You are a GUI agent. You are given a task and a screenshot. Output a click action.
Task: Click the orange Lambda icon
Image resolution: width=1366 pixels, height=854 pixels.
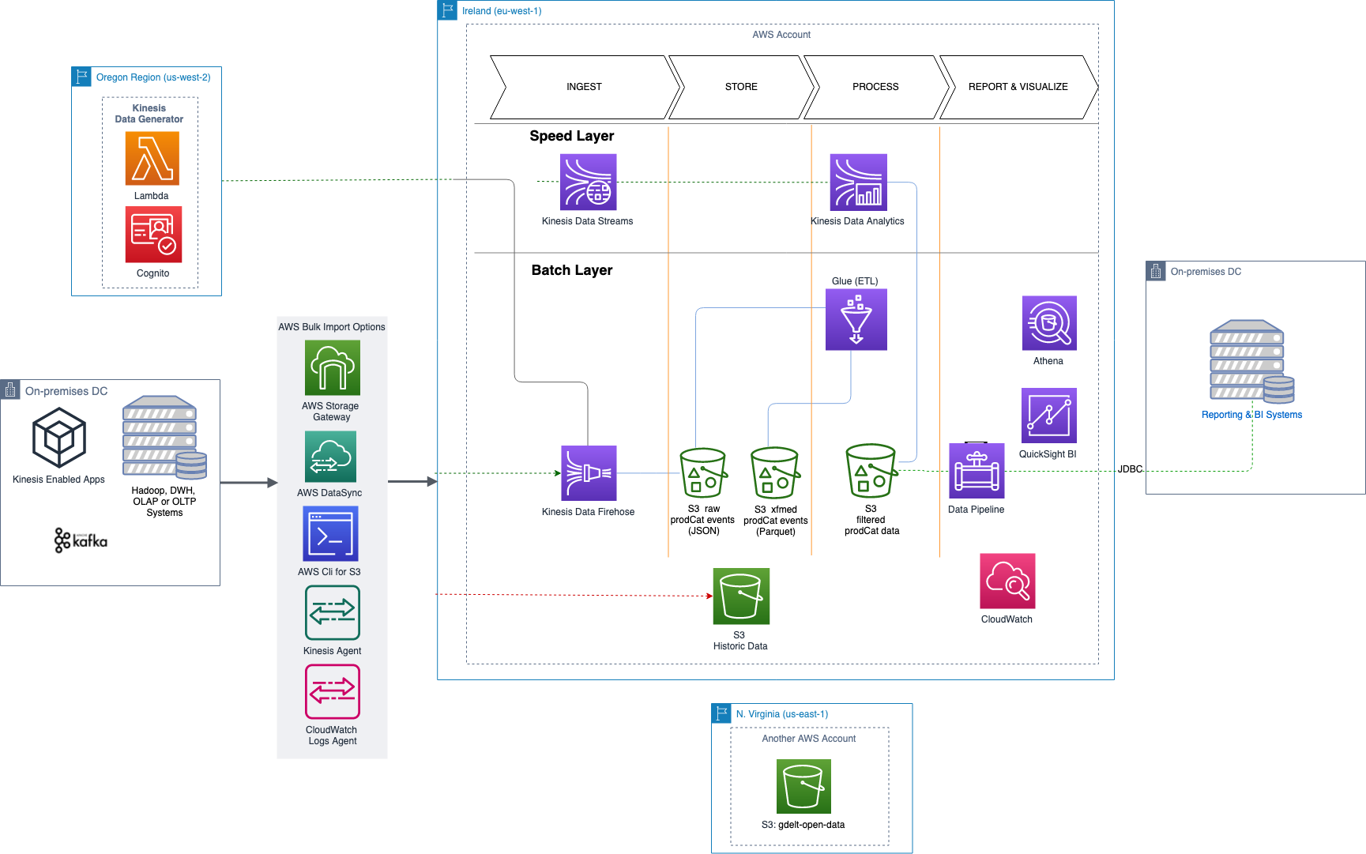coord(152,159)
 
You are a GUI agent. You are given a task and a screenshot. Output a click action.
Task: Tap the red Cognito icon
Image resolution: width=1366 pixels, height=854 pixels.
coord(153,235)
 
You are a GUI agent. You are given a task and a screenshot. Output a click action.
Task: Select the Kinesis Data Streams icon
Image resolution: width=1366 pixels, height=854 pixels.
coord(588,182)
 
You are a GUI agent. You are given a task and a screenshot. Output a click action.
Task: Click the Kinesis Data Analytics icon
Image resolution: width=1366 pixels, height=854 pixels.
coord(858,182)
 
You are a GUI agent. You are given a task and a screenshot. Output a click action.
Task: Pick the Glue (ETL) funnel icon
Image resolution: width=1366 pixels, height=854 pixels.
coord(856,319)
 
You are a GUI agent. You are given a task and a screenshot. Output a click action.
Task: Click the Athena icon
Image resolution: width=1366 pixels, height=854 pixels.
coord(1049,323)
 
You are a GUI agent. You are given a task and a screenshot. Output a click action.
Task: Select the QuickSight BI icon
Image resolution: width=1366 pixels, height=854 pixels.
coord(1048,416)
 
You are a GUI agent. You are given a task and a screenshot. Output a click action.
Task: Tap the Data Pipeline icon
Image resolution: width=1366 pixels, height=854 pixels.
coord(977,471)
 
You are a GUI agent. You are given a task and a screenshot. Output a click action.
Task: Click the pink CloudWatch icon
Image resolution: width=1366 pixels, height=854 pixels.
coord(1007,581)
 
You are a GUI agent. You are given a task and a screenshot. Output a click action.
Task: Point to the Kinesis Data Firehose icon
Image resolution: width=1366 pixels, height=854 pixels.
coord(589,473)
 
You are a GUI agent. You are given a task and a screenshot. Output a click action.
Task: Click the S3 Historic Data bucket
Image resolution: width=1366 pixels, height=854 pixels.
coord(741,596)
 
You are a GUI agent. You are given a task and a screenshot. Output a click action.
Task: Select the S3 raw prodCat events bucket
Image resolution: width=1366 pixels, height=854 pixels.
coord(703,473)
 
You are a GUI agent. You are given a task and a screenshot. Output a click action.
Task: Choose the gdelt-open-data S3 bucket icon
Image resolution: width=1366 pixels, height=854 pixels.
coord(803,786)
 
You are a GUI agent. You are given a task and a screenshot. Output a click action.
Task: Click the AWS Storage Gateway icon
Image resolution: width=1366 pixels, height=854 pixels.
coord(332,368)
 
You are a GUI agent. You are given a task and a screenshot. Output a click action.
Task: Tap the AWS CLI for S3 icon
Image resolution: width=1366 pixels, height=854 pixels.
coord(330,534)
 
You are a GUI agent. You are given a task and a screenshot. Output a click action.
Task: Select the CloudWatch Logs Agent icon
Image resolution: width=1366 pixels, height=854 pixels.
coord(332,692)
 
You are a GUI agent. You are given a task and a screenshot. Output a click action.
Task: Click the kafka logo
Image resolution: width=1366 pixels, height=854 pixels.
coord(81,540)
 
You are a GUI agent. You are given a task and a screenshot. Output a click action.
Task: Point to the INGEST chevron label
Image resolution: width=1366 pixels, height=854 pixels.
coord(584,87)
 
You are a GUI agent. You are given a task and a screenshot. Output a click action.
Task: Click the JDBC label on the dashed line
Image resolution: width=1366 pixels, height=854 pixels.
coord(1130,469)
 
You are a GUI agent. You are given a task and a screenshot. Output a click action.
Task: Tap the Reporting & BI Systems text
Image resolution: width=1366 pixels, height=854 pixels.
coord(1251,415)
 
